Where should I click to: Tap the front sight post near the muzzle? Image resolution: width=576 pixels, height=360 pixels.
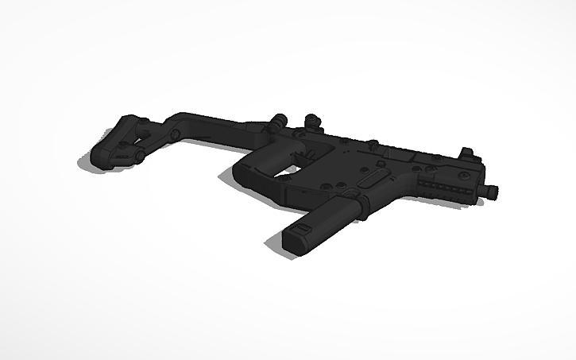pos(467,153)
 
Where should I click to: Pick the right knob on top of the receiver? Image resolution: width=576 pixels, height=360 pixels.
pos(312,121)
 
